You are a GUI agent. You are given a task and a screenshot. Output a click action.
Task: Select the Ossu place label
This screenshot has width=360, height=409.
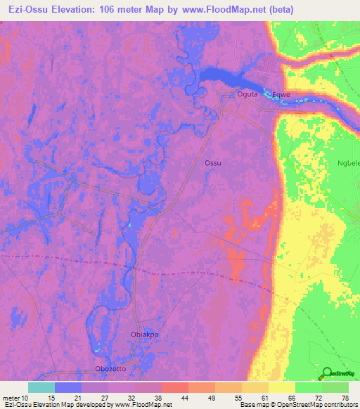click(212, 163)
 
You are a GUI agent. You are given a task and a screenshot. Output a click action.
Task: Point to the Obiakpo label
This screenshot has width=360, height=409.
click(146, 335)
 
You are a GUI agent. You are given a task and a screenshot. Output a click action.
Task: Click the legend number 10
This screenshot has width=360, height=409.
click(26, 397)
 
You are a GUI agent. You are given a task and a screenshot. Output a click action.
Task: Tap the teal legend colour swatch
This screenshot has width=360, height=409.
click(41, 387)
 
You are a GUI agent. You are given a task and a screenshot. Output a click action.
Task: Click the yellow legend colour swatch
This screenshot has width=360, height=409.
click(282, 387)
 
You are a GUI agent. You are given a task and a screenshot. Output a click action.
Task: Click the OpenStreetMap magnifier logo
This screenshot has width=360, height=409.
click(326, 374)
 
